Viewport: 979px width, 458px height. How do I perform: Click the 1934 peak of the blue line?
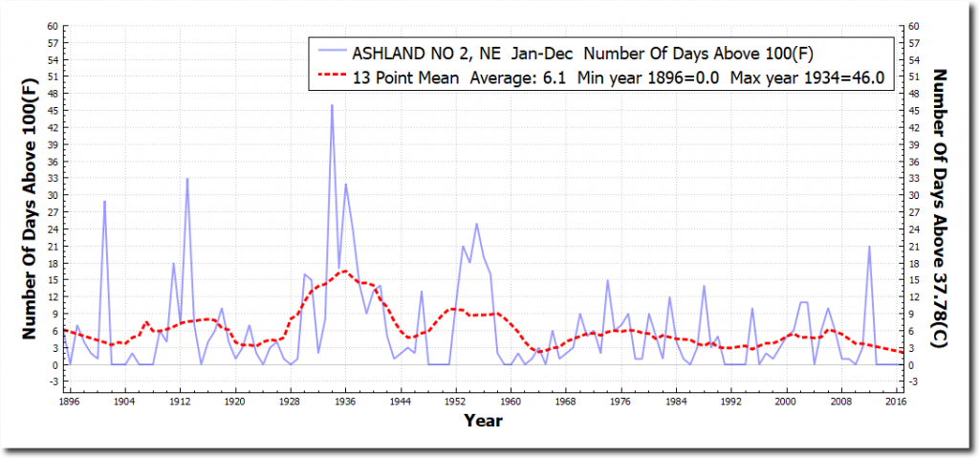point(332,105)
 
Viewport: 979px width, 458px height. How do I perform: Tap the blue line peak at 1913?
point(187,179)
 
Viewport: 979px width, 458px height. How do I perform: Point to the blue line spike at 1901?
point(104,201)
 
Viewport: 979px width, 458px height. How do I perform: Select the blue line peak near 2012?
point(869,247)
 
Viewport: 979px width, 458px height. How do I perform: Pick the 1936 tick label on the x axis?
point(345,403)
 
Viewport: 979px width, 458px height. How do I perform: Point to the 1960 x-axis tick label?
point(512,403)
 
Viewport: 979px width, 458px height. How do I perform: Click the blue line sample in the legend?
point(330,52)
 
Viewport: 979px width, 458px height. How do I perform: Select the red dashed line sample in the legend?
point(330,75)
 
